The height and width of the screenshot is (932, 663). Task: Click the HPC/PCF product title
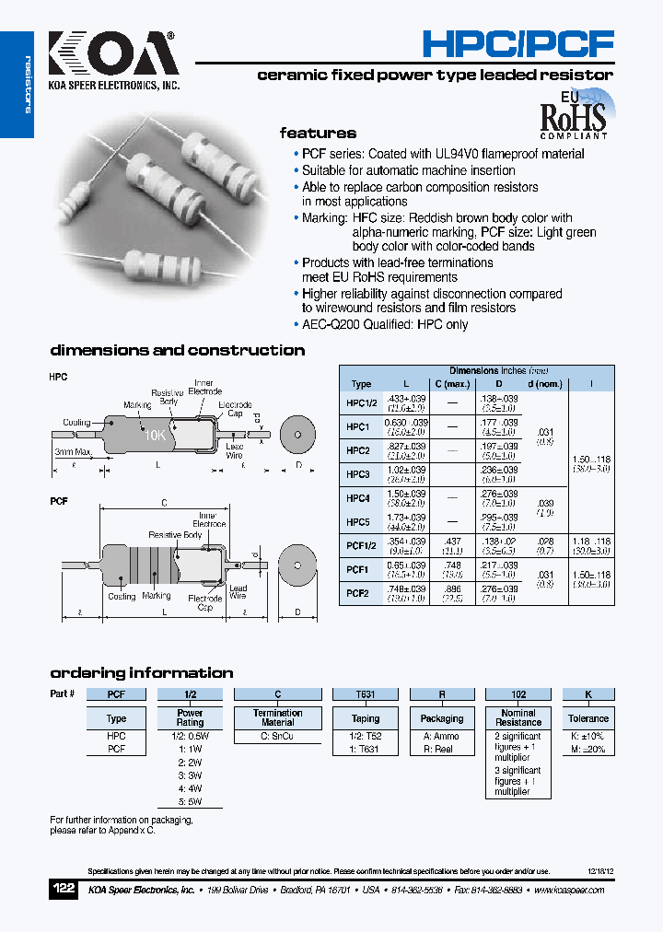[517, 42]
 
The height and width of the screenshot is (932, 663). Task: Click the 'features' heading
[318, 133]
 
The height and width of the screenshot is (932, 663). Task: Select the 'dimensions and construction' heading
[177, 350]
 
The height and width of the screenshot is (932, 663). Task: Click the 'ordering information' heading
[141, 672]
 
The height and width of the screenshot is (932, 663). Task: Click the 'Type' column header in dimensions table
[361, 384]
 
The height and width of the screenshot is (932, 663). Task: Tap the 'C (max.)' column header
[452, 384]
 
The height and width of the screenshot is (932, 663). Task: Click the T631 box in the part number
[366, 694]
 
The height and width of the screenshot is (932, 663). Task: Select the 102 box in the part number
[518, 694]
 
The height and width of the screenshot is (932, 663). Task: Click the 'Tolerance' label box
[588, 718]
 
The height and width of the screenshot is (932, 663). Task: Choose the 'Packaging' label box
[442, 718]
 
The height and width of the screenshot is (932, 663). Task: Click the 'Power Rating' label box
[191, 718]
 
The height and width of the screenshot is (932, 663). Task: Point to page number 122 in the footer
[64, 890]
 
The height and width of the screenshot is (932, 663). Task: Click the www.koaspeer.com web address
[569, 891]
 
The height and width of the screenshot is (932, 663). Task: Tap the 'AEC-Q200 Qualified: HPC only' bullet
[385, 324]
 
